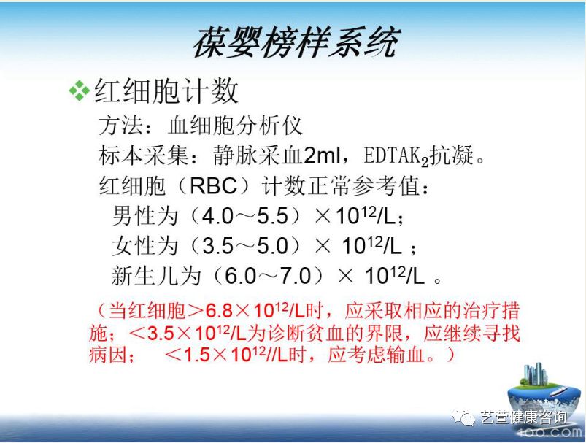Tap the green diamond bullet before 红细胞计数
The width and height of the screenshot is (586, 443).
[78, 90]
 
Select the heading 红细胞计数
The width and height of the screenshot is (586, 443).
[167, 90]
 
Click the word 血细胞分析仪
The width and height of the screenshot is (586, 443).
[235, 126]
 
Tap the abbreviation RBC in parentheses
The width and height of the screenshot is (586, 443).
[213, 186]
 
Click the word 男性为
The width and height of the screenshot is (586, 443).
[145, 216]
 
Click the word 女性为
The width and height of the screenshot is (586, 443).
[145, 246]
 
